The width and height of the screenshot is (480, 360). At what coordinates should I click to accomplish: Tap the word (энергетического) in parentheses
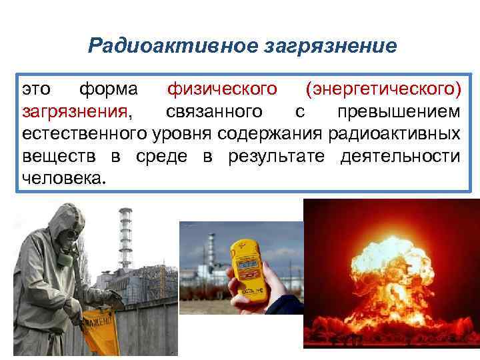tap(382, 89)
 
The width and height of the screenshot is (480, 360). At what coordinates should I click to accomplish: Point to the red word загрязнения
tap(74, 111)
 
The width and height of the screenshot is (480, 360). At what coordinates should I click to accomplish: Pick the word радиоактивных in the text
tap(393, 134)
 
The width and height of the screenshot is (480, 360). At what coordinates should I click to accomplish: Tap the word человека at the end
tap(64, 179)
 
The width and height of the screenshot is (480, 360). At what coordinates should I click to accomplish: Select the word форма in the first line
tap(109, 89)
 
